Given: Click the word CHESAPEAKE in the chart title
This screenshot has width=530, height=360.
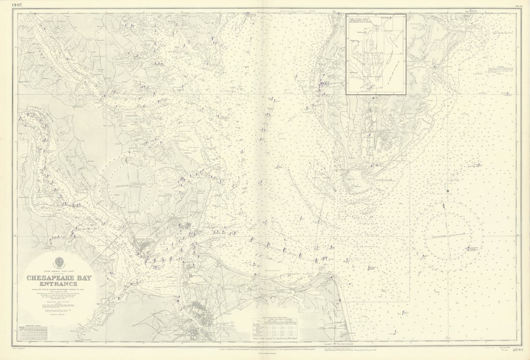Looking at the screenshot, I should [x=49, y=278].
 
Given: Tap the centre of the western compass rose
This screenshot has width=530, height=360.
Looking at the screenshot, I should [x=127, y=184].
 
